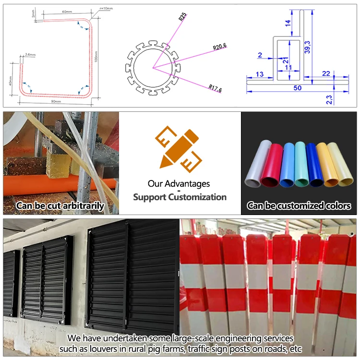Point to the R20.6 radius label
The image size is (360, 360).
pyautogui.click(x=220, y=47)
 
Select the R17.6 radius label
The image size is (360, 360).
pyautogui.click(x=215, y=88)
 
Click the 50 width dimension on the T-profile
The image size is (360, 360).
pyautogui.click(x=298, y=88)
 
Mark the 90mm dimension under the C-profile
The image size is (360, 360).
pyautogui.click(x=56, y=101)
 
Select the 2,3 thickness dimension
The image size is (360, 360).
pyautogui.click(x=329, y=100)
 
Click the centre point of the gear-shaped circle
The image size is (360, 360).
pyautogui.click(x=153, y=68)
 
